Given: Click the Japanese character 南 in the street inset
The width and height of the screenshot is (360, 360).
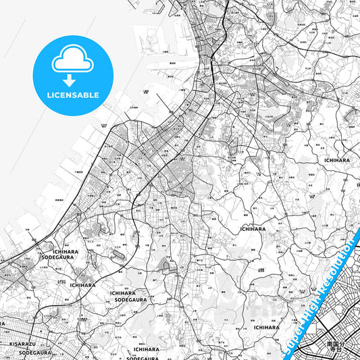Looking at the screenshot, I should coord(330,344).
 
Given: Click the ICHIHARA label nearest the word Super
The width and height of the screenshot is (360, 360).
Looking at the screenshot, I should coord(265,327).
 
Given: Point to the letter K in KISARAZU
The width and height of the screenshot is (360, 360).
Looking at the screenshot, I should coord(12,344).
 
